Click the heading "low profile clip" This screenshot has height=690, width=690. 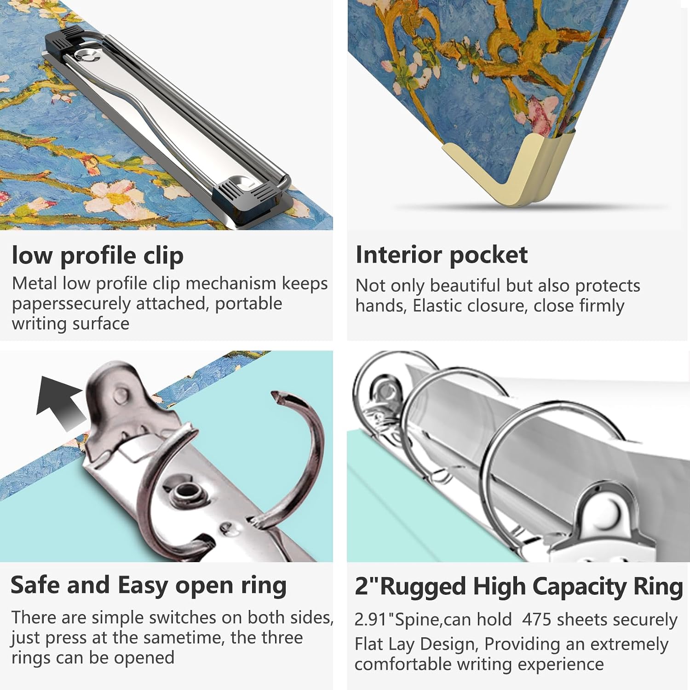[98, 256]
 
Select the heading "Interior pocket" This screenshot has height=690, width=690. [442, 255]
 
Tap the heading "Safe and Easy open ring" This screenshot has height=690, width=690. [149, 586]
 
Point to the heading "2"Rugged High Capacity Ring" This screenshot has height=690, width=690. [519, 587]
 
